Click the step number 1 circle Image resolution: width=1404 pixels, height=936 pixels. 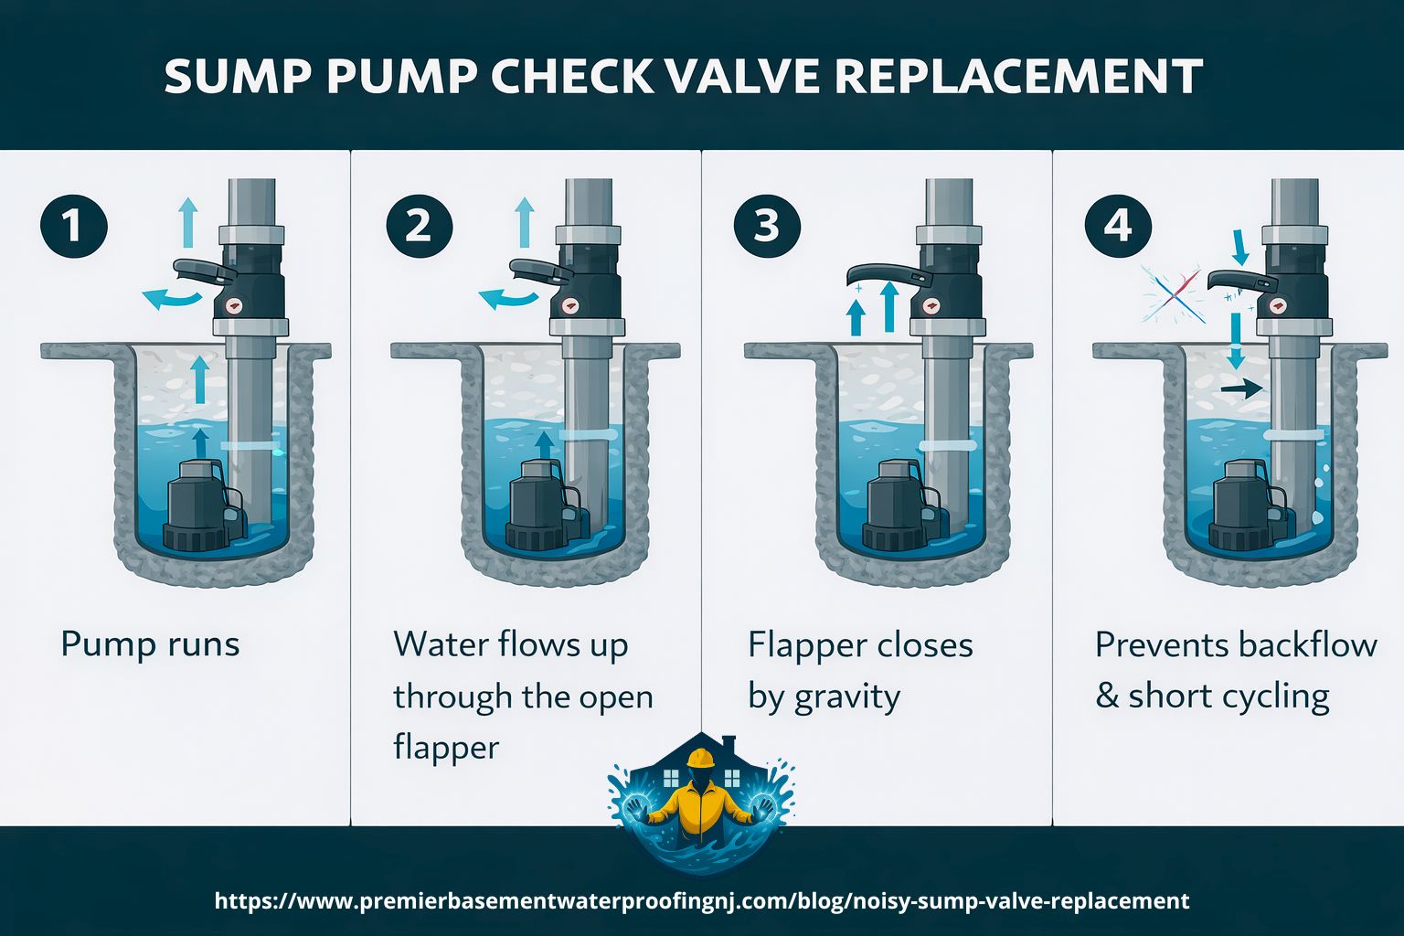tap(74, 225)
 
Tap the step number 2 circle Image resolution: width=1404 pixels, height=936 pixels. tap(419, 225)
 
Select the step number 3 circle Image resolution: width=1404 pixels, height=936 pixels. tap(766, 225)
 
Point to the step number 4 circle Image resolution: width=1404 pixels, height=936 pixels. tap(1117, 225)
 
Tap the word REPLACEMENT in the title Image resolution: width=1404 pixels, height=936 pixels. tap(1018, 77)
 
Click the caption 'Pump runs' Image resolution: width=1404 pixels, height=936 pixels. tap(150, 644)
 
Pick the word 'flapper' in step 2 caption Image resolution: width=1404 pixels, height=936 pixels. tap(446, 748)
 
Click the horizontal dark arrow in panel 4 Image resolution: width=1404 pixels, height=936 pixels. tap(1242, 389)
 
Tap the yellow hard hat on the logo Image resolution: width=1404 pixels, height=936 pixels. tap(701, 759)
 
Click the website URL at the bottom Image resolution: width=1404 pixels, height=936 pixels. tap(702, 900)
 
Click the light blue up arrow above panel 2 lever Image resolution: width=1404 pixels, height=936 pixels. tap(525, 221)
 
